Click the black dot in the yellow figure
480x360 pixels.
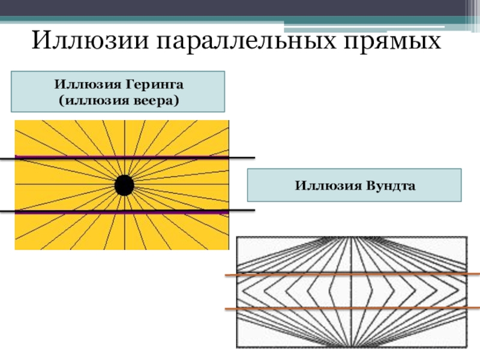[x=124, y=185]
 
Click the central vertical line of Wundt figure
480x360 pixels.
[x=352, y=291]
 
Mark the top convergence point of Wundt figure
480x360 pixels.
[x=352, y=238]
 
